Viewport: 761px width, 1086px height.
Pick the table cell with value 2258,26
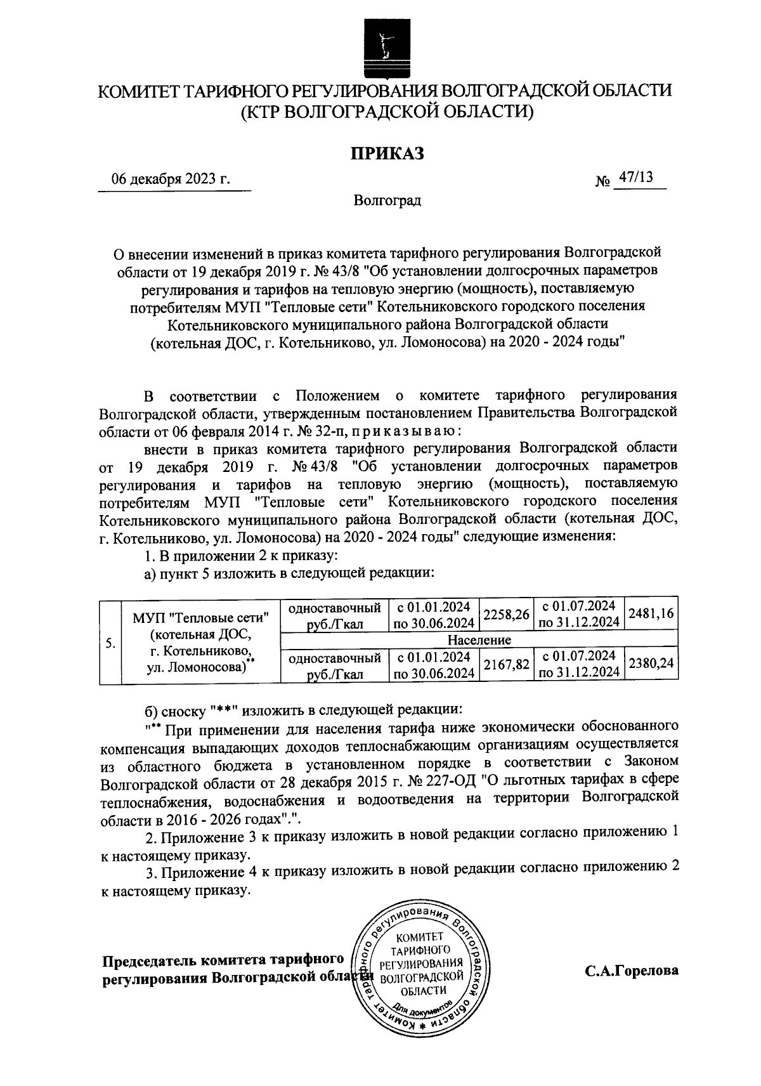tap(506, 615)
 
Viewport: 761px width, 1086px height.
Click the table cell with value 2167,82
tap(506, 664)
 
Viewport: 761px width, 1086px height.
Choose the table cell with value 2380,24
tap(651, 664)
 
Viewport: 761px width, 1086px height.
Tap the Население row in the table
tap(479, 639)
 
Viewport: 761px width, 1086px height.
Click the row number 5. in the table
tap(110, 643)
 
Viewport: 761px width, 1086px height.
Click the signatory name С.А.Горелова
tap(632, 971)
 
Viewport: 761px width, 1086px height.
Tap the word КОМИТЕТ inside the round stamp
tap(419, 938)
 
